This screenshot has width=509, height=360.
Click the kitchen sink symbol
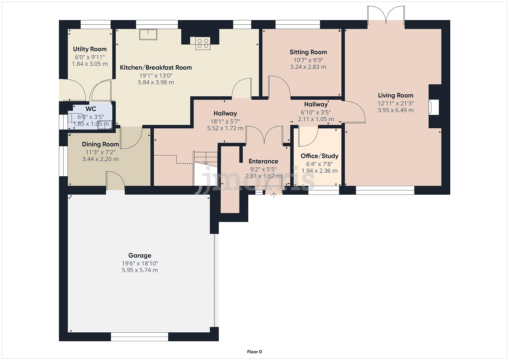(148, 34)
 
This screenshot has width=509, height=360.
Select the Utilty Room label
(90, 49)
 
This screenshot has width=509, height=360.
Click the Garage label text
(140, 255)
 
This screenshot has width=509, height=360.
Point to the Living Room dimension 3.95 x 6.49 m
(395, 110)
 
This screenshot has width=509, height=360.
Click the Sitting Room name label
(308, 52)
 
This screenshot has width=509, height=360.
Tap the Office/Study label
(319, 156)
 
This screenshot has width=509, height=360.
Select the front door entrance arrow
(274, 195)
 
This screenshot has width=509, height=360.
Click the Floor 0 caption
(254, 352)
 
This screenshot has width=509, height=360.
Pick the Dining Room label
(100, 144)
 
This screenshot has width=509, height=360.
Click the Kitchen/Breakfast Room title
(156, 67)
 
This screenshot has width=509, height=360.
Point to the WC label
(91, 109)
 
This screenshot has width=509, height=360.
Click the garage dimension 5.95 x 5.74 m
(140, 270)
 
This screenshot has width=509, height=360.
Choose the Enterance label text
(263, 161)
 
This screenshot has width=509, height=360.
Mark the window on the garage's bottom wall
(139, 338)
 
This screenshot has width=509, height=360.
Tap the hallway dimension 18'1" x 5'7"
(225, 121)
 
